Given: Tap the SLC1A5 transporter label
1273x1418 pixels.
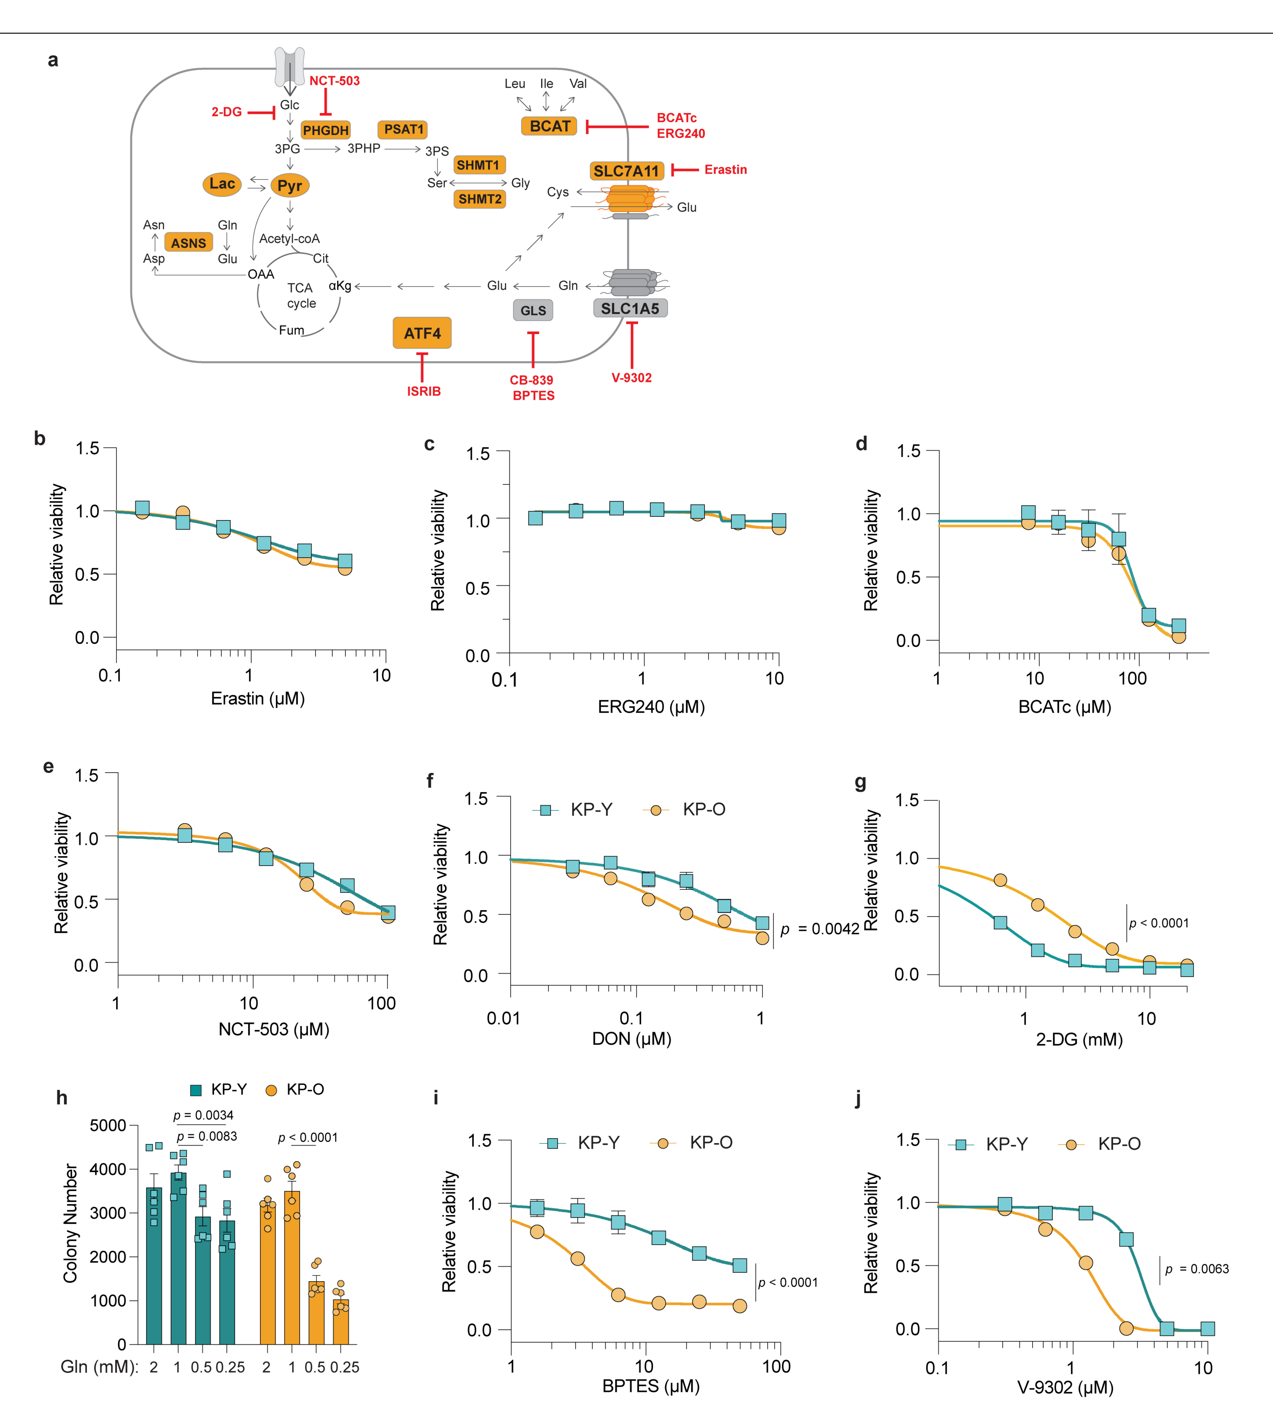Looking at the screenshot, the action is pos(630,309).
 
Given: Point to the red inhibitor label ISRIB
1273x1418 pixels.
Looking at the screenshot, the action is pos(424,391).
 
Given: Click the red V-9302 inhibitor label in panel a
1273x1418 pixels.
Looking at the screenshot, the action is pos(632,378).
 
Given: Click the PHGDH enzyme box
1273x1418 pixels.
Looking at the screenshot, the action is pos(325,130).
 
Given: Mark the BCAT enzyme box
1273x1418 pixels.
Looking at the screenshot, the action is pos(550,126).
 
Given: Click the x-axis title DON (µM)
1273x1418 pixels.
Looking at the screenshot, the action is pos(632,1039).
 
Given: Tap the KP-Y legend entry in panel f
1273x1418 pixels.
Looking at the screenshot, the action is pos(572,809).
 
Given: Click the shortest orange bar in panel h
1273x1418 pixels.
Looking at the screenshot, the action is pos(341,1321).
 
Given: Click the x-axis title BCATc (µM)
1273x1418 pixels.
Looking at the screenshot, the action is pos(1065,707).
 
